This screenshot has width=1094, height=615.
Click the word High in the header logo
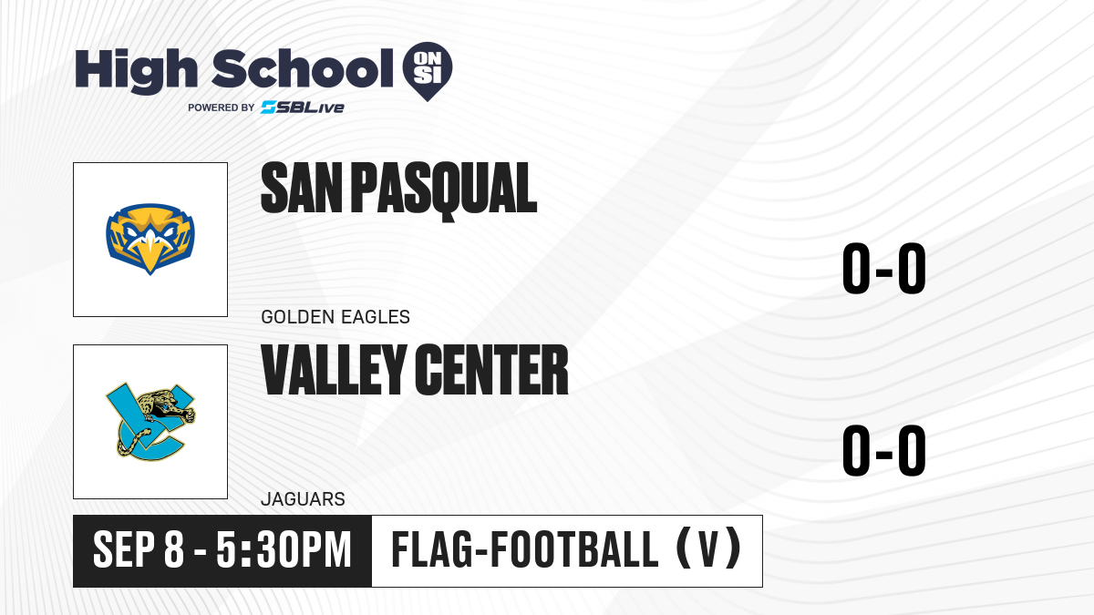[136, 71]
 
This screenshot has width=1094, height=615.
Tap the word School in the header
[303, 69]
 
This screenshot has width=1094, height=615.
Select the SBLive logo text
[303, 108]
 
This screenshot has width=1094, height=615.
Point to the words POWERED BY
[222, 108]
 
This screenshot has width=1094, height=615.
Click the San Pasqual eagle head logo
[150, 239]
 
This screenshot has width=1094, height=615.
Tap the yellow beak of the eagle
[150, 254]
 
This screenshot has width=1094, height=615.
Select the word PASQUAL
[444, 190]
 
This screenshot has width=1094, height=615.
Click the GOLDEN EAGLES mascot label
[335, 317]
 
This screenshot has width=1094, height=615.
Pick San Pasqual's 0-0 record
[884, 268]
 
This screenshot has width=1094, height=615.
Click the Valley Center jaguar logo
[151, 422]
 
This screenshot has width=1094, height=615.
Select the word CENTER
[491, 370]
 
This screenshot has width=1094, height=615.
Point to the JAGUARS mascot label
[303, 499]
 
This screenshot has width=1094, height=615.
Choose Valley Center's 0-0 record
[884, 450]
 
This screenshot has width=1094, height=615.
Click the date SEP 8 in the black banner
[139, 550]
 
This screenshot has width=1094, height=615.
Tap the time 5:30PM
[284, 550]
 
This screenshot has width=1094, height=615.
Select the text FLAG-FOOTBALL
[525, 549]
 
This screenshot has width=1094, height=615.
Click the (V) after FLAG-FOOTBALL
[708, 549]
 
